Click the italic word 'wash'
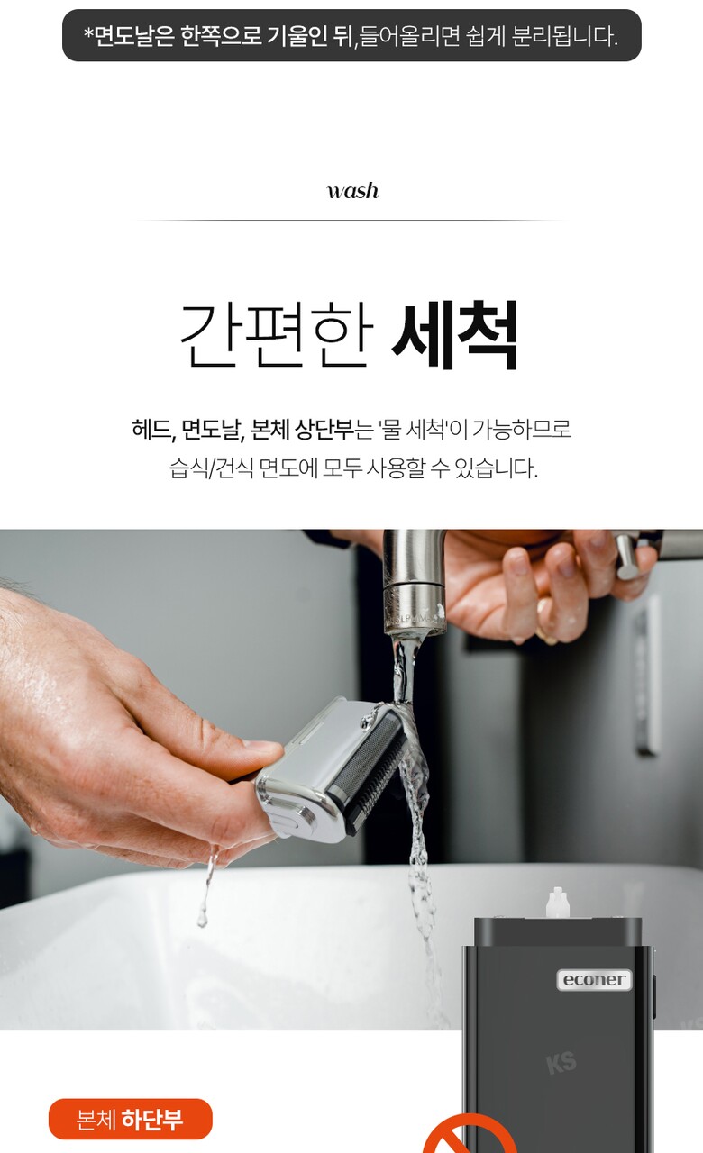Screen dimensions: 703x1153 [352, 191]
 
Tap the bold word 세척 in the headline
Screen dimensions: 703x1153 [455, 335]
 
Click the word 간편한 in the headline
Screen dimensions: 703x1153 [277, 335]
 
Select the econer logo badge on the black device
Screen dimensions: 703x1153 [594, 978]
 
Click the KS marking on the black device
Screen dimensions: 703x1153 [561, 1064]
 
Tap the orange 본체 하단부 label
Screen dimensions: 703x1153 [131, 1119]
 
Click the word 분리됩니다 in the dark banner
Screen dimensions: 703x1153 [564, 35]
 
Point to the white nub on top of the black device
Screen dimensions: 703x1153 [557, 903]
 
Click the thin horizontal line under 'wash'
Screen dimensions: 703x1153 [351, 221]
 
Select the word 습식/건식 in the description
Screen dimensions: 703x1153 [211, 468]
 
